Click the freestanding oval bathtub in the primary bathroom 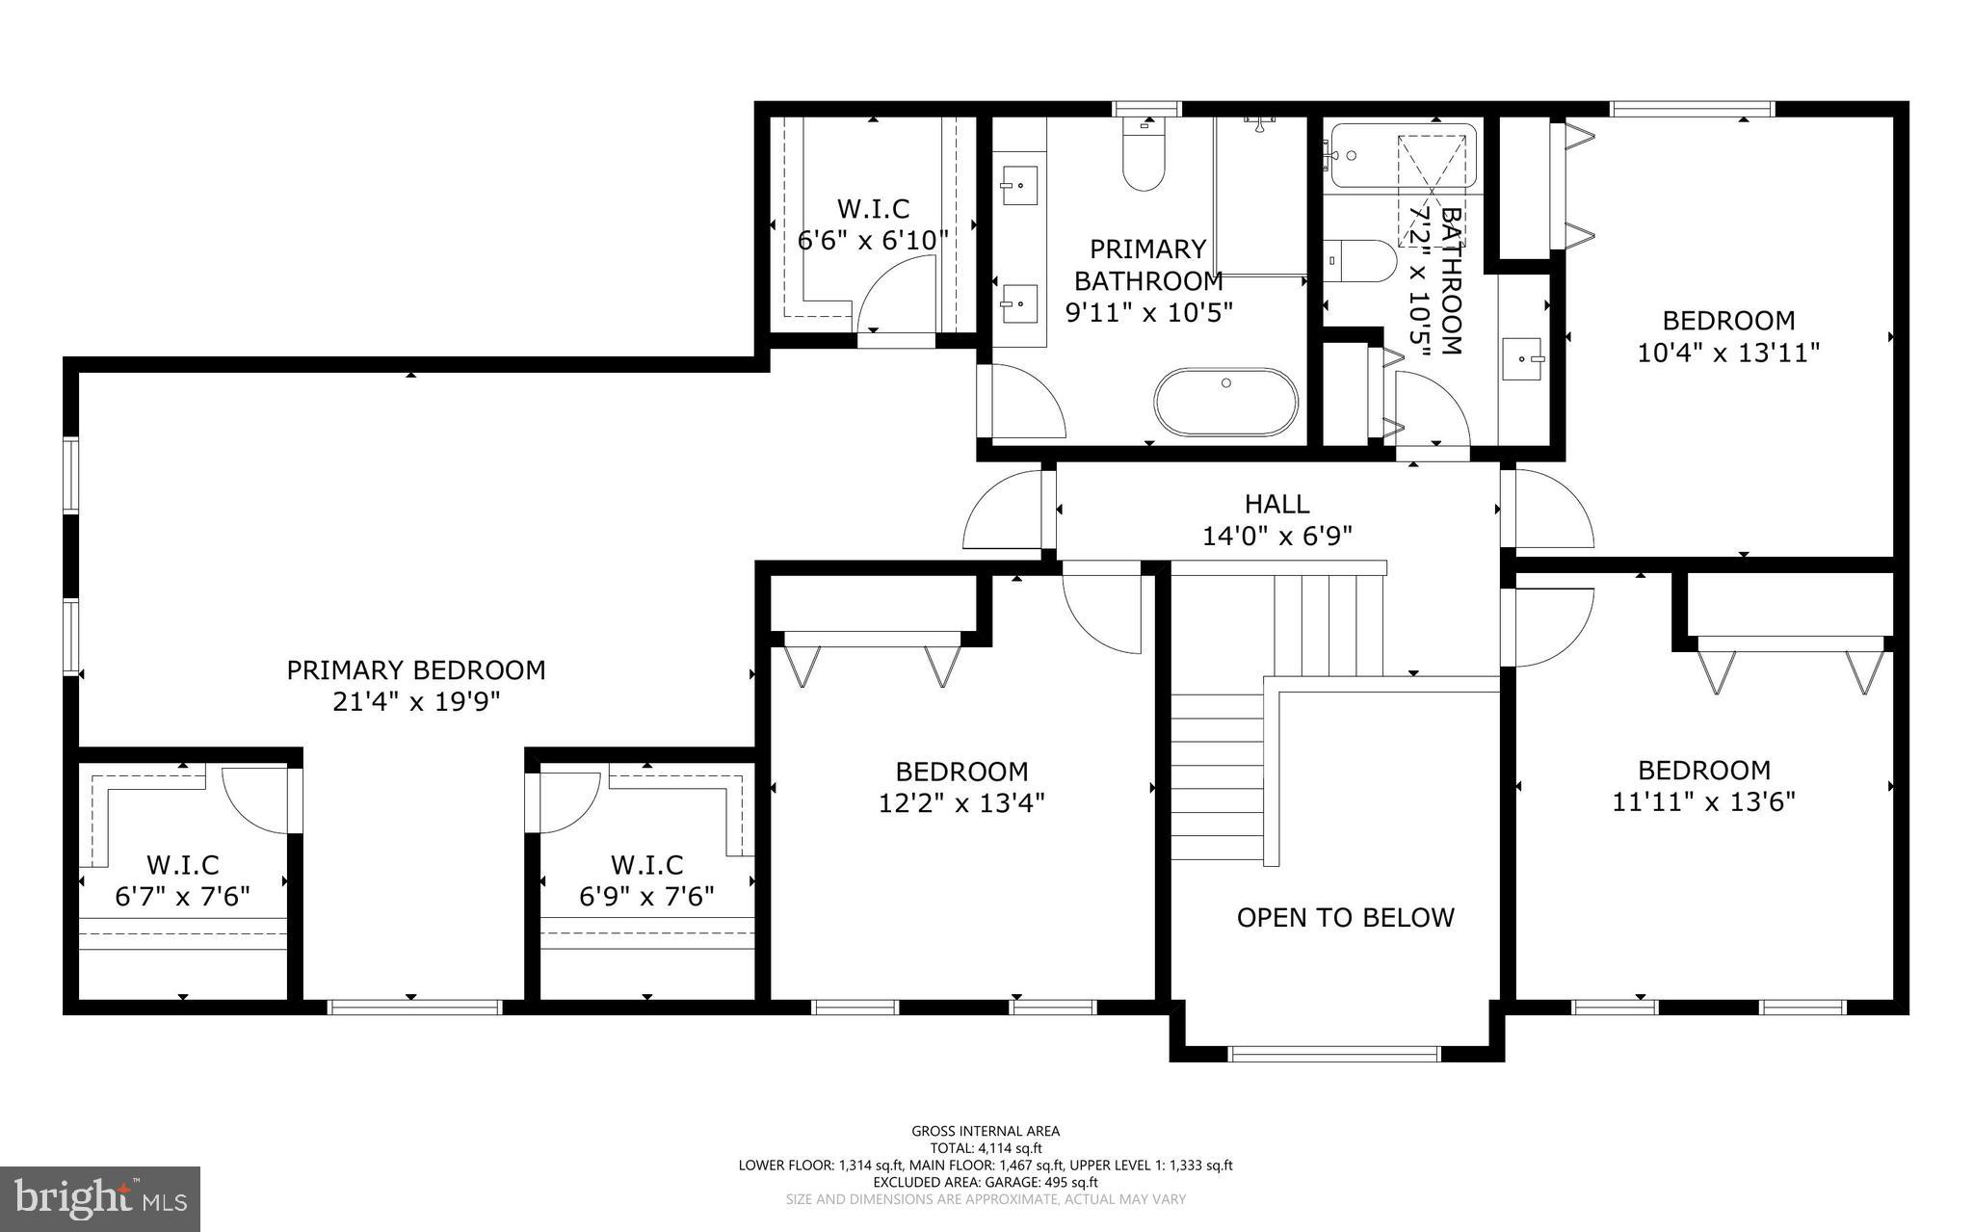pos(1226,401)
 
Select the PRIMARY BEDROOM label pos(416,669)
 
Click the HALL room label pos(1276,504)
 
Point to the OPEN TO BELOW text pos(1345,917)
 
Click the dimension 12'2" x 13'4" pos(961,802)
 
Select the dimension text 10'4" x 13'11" pos(1728,353)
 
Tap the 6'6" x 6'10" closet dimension pos(873,240)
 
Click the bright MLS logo pos(100,1198)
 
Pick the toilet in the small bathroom pos(1361,260)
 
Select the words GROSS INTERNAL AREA pos(986,1131)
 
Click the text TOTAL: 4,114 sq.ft pos(986,1147)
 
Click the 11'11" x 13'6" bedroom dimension pos(1704,801)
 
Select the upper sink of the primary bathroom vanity pos(1019,185)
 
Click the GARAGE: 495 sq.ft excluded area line pos(986,1182)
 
